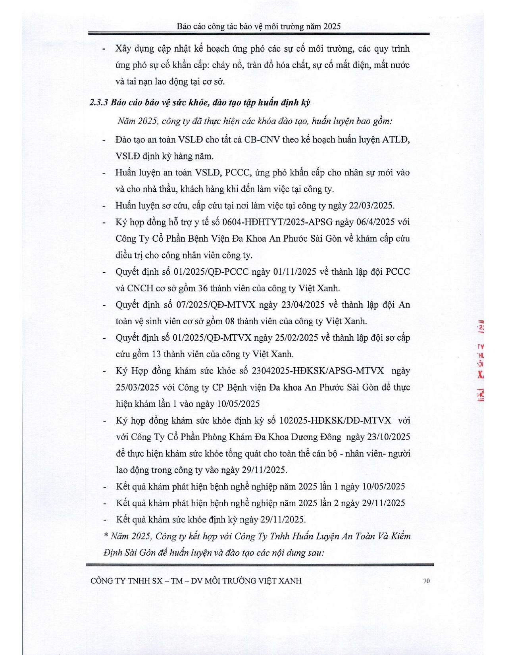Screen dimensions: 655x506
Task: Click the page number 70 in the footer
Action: (427, 581)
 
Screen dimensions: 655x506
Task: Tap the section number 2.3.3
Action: (99, 102)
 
